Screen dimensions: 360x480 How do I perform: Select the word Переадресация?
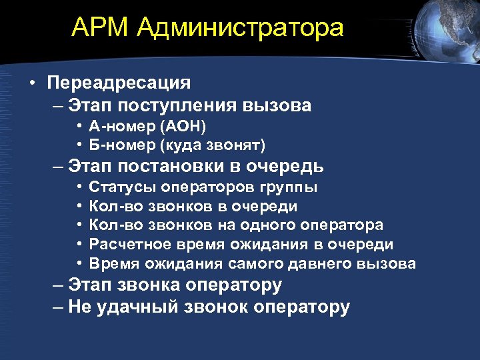(x=119, y=83)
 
